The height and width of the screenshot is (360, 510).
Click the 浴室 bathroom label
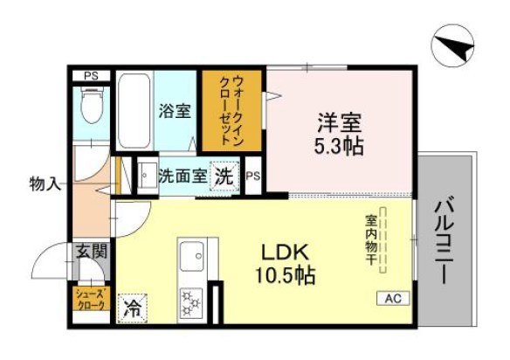[x=176, y=112]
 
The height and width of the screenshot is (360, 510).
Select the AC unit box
[x=393, y=298]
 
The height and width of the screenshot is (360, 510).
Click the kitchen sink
[x=190, y=259]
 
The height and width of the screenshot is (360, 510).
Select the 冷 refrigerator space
[x=133, y=307]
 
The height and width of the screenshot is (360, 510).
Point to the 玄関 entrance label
[x=91, y=253]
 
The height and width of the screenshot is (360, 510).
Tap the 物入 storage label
[x=44, y=184]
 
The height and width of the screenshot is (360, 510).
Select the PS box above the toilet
[x=90, y=76]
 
